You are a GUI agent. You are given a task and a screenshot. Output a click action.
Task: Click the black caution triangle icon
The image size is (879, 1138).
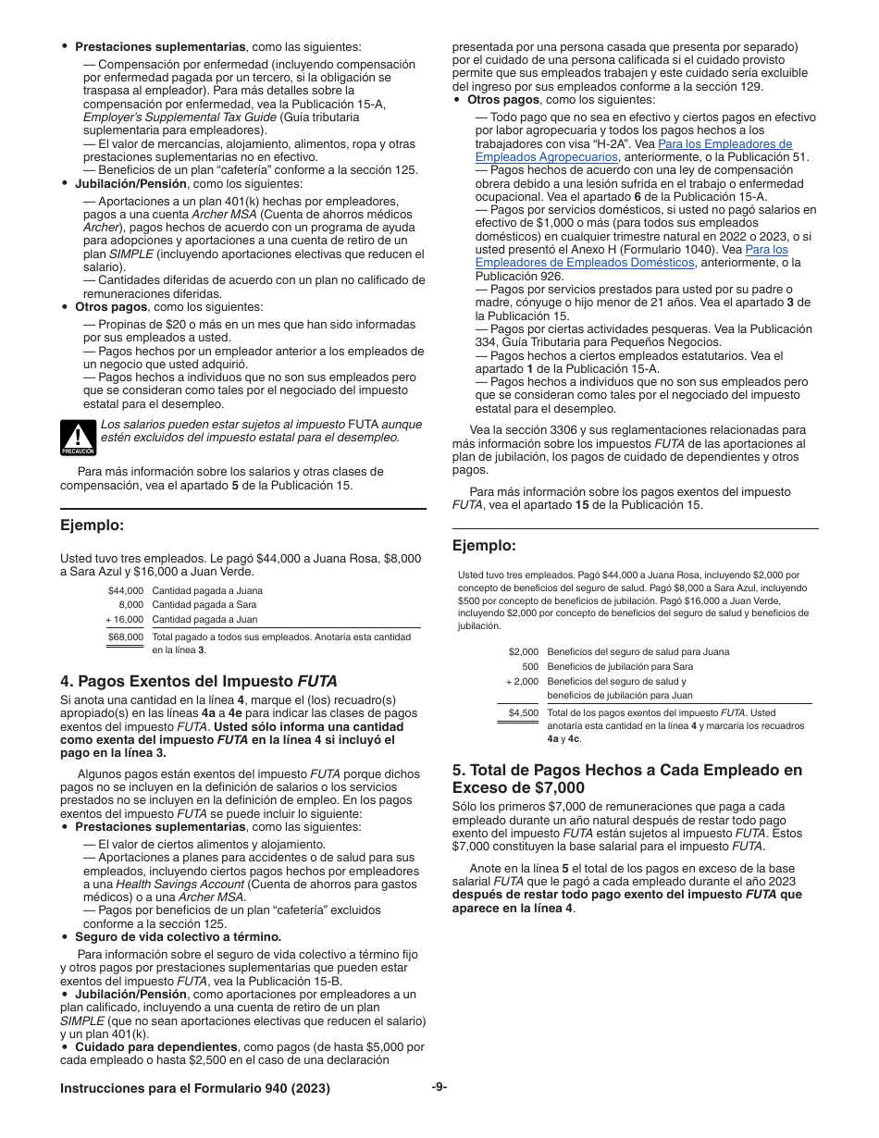[78, 438]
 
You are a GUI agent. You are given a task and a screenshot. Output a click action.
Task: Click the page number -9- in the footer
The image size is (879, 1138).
[439, 1087]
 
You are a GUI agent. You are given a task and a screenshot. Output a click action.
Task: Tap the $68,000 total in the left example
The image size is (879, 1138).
[126, 637]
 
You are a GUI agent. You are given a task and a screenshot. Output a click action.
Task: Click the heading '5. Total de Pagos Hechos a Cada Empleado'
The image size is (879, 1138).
[627, 778]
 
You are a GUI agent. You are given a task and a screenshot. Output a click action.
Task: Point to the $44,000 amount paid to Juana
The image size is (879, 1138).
[126, 589]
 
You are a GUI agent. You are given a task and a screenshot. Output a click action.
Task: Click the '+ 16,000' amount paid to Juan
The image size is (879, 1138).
[124, 619]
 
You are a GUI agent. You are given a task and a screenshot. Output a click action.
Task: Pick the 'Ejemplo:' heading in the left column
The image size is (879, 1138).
[92, 526]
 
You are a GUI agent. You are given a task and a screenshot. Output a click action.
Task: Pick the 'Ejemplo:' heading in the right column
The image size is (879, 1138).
[484, 545]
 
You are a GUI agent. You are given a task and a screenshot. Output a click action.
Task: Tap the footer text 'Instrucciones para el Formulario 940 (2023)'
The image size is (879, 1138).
[194, 1089]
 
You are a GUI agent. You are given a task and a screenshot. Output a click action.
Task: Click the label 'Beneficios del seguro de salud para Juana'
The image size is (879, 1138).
[638, 651]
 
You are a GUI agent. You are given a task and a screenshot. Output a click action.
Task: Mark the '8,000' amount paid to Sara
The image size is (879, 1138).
[130, 604]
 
